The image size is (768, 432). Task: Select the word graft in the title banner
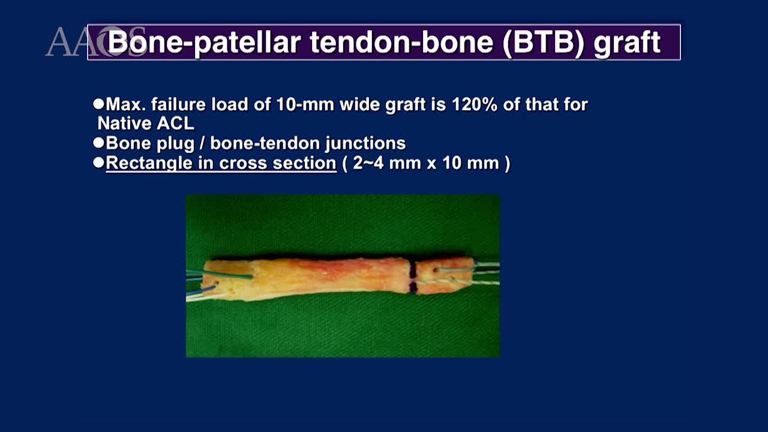[x=627, y=42]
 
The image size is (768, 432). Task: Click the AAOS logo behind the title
[x=66, y=41]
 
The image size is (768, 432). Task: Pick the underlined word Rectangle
[x=143, y=163]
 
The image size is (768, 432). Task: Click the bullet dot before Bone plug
[x=99, y=143]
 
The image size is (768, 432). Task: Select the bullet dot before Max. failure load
[x=99, y=104]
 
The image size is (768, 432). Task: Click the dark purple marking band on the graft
[x=413, y=278]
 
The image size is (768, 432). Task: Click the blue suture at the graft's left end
[x=204, y=291]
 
